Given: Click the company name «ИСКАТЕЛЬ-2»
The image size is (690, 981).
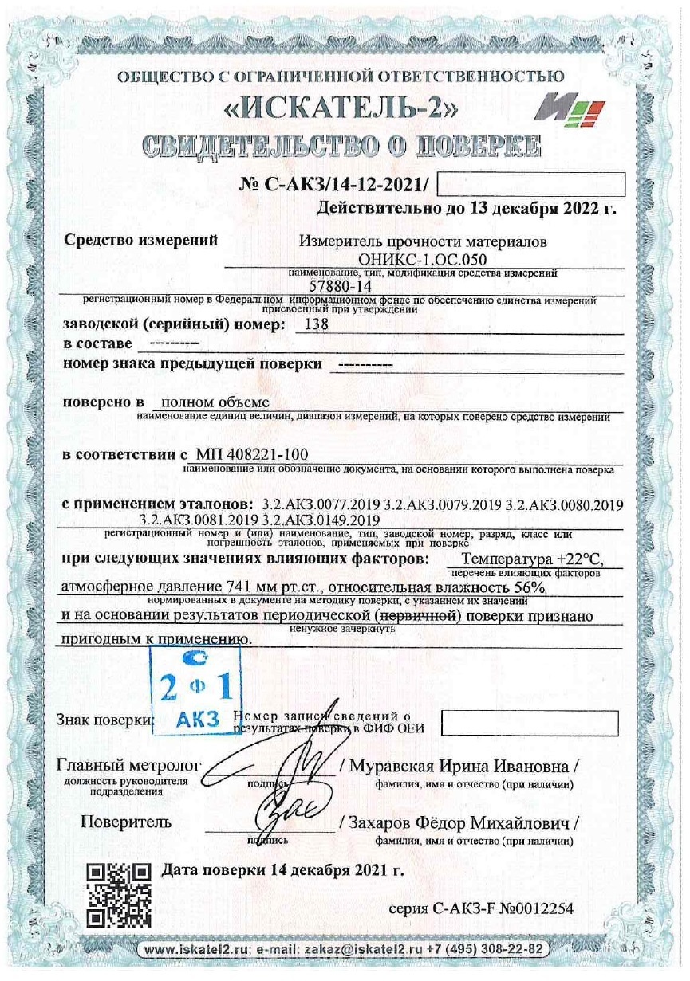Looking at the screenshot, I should click(317, 109).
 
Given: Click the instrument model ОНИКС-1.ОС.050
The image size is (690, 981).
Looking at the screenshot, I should click(423, 260).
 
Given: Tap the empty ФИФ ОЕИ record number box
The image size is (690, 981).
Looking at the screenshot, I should click(530, 723).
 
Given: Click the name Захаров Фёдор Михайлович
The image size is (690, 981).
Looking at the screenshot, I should click(461, 822).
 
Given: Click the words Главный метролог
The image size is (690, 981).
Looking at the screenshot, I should click(128, 766).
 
